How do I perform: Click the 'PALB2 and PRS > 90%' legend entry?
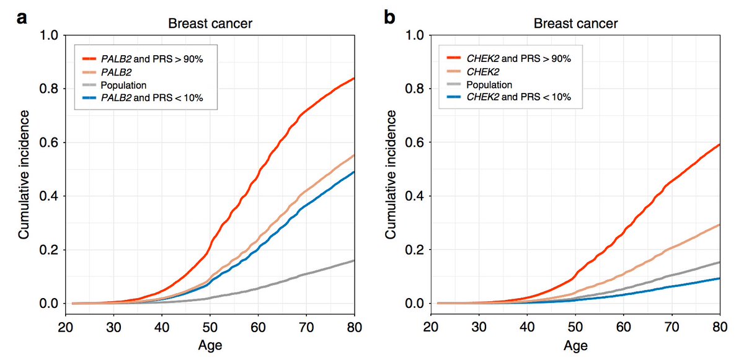click(x=149, y=58)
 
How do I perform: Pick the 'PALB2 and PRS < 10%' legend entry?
click(x=149, y=97)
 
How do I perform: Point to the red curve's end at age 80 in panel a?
click(x=353, y=79)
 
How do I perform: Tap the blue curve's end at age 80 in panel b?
click(x=719, y=278)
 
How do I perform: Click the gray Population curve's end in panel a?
click(x=353, y=261)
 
